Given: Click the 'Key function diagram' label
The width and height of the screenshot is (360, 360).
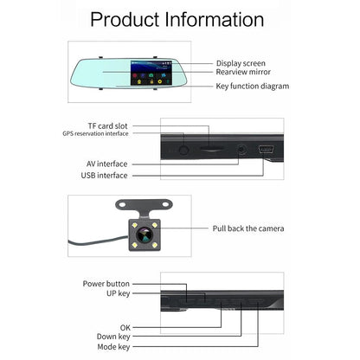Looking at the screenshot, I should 252,86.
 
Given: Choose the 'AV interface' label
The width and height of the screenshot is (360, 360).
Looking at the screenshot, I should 106,164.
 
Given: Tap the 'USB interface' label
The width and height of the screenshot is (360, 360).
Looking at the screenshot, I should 106,175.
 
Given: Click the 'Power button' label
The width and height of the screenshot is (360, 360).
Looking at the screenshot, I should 106,283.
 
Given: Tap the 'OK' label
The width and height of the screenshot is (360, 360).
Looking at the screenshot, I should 125,327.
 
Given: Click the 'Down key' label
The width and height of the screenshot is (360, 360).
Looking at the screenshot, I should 112,337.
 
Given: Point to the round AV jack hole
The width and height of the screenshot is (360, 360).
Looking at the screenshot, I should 240,149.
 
